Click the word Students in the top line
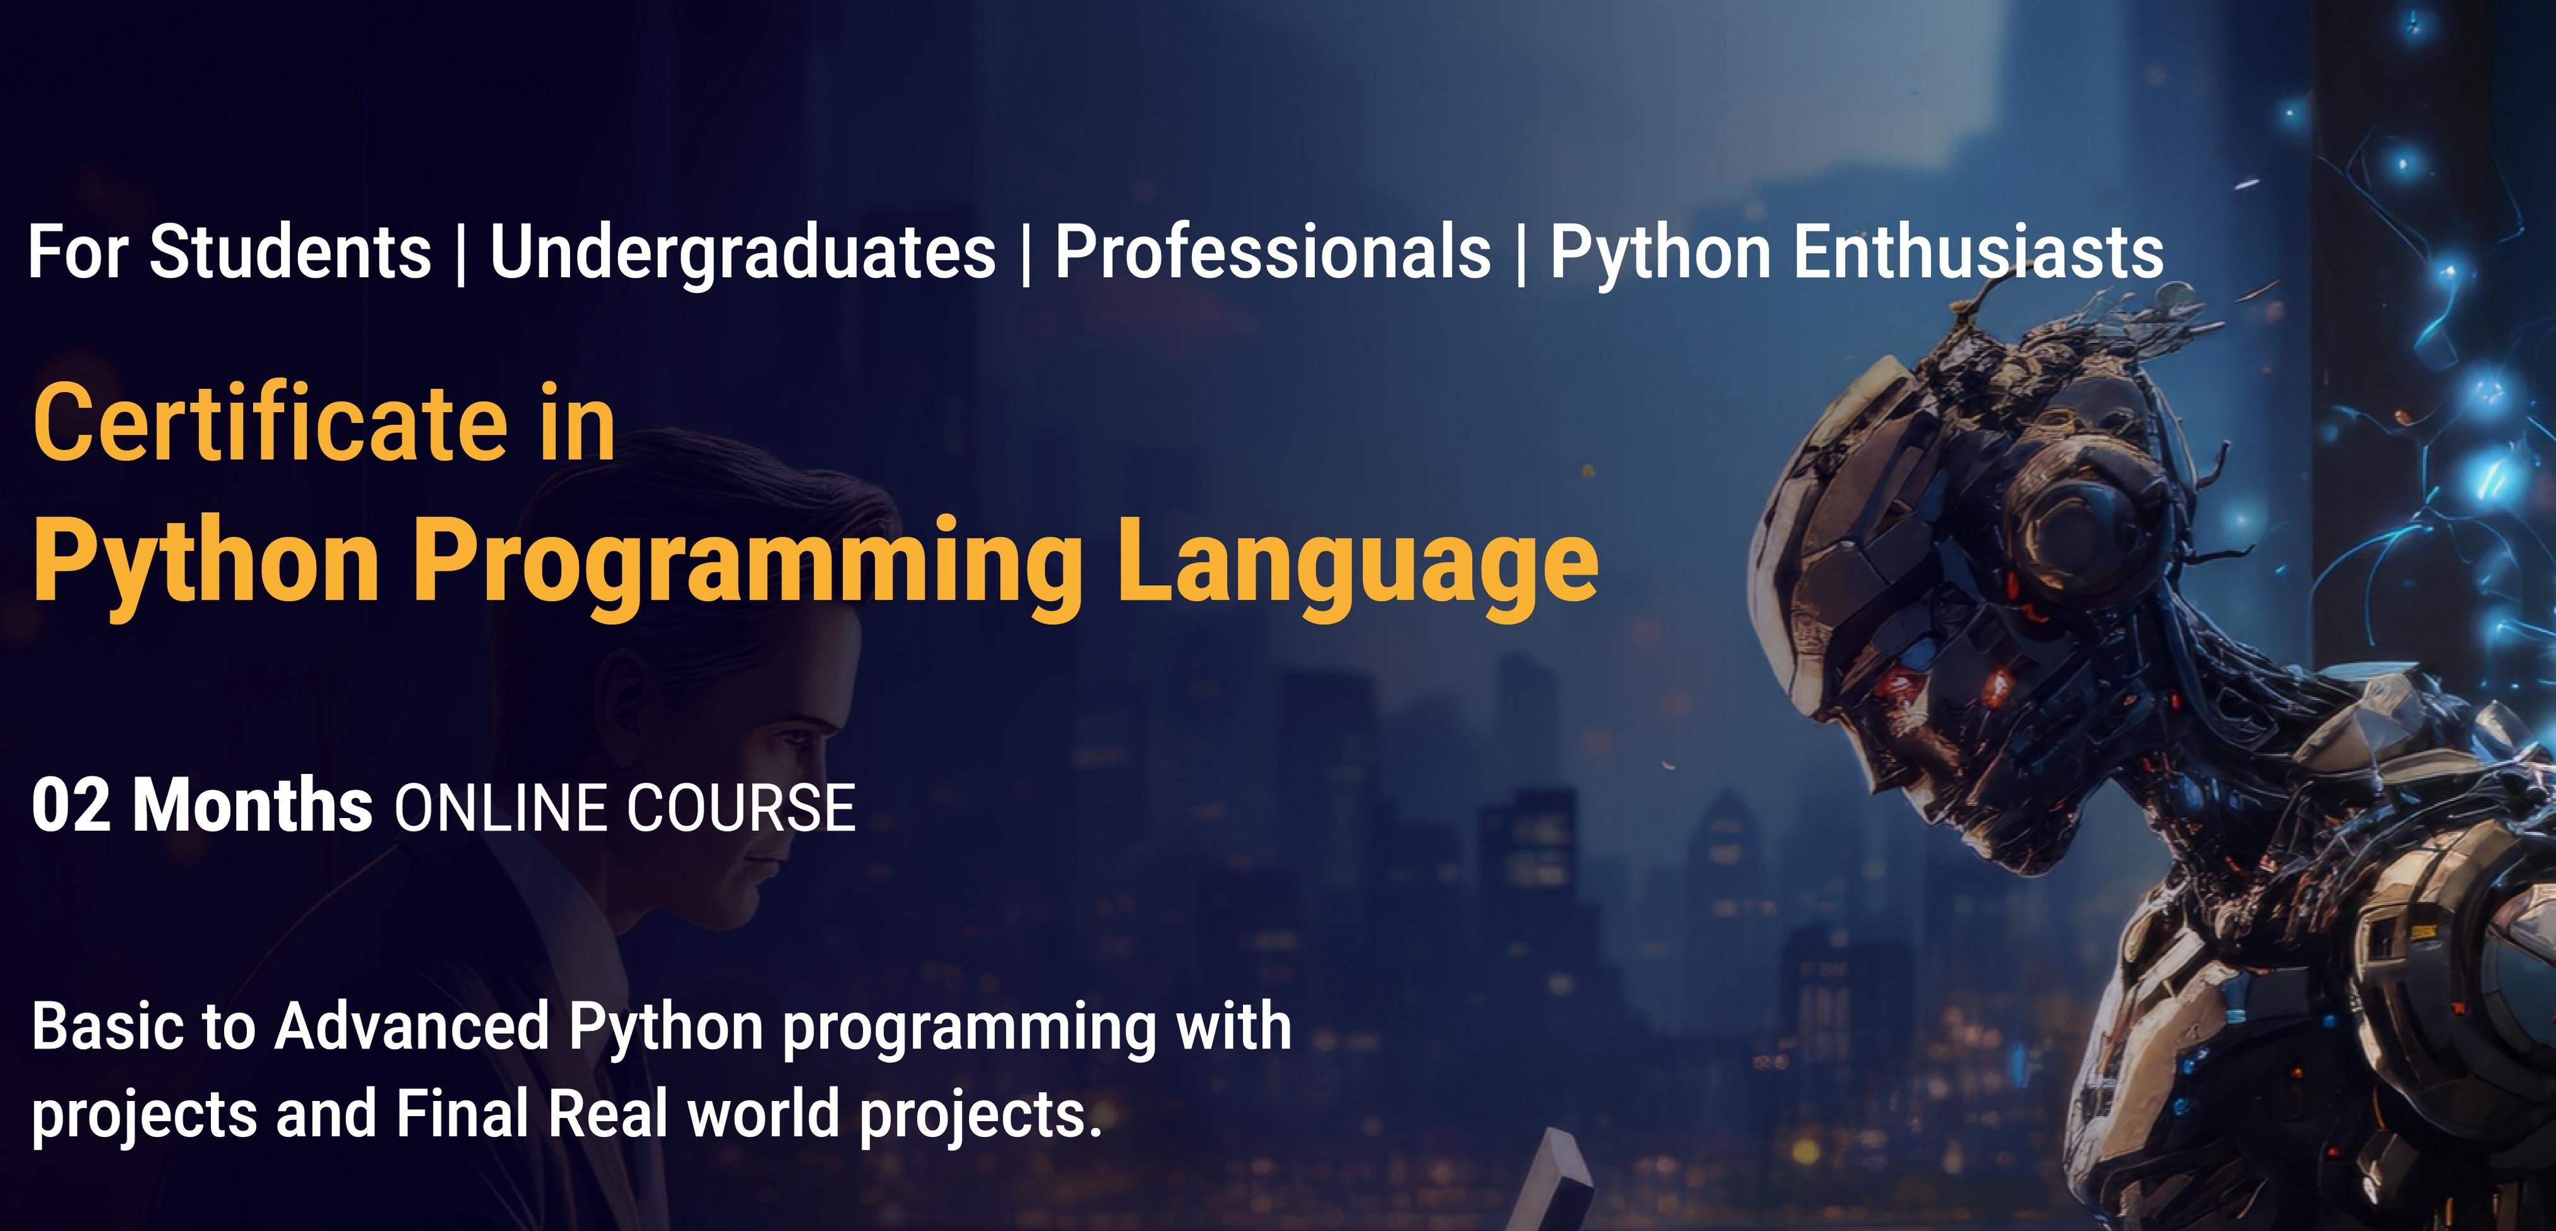290,252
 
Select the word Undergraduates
742,252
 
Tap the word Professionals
1272,252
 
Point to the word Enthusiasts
1978,252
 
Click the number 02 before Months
71,806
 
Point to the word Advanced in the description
411,1026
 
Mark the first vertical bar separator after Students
460,254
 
